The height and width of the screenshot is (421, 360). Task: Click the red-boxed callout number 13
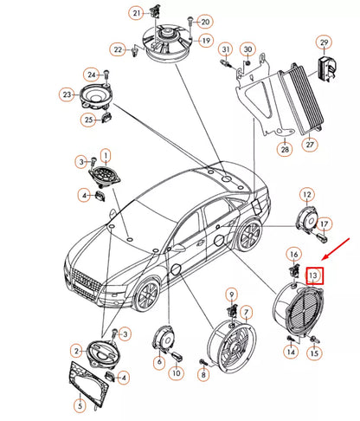(315, 275)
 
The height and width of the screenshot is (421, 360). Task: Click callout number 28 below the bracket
(283, 150)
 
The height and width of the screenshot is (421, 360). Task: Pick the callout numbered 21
(137, 13)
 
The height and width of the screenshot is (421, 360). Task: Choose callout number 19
(205, 41)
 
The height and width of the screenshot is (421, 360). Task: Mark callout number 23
(66, 94)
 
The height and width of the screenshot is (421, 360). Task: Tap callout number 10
(176, 372)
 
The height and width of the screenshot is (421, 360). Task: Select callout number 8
(203, 374)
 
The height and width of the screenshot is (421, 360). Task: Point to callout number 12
(307, 194)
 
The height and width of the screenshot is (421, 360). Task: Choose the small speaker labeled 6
(162, 338)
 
